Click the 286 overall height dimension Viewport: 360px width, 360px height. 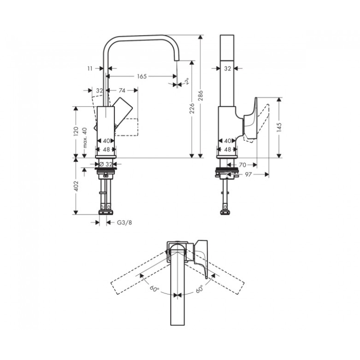[200, 96]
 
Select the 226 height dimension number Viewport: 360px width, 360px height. [192, 108]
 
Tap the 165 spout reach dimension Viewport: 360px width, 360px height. [142, 76]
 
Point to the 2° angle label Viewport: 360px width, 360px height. [187, 81]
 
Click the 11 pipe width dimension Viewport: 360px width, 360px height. [90, 68]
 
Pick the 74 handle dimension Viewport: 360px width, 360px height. [122, 90]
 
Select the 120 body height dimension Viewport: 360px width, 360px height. [76, 131]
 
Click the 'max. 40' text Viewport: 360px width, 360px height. [85, 138]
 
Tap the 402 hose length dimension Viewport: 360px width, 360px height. [76, 186]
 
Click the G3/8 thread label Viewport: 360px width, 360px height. [125, 222]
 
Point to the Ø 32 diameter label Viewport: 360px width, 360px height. [106, 164]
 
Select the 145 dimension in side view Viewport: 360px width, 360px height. [279, 127]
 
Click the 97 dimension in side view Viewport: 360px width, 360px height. [248, 175]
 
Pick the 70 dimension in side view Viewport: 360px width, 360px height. [243, 165]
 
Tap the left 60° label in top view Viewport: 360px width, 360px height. [154, 288]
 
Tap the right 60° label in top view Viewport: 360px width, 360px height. [199, 288]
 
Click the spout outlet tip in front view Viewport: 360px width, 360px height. [176, 60]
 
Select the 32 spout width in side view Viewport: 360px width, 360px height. [228, 68]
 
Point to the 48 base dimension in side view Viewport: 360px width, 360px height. [227, 149]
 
